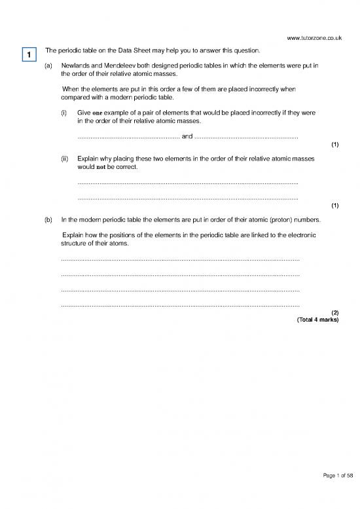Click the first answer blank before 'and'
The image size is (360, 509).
coord(128,138)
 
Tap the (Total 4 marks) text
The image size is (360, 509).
coord(317,320)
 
